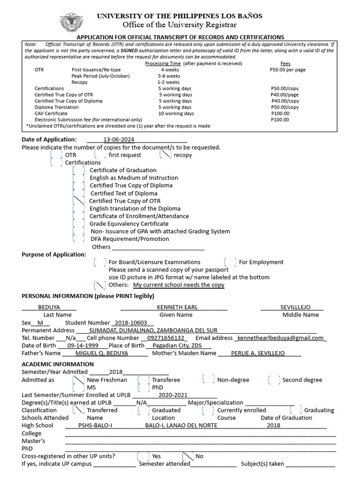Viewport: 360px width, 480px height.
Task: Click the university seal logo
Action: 72,21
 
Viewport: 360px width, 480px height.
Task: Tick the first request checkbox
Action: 100,154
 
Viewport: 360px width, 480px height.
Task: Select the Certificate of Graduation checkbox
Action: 79,170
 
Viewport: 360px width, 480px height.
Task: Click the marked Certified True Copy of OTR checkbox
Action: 79,201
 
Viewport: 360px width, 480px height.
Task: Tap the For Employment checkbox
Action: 230,262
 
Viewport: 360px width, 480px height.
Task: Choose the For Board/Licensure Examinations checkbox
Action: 100,262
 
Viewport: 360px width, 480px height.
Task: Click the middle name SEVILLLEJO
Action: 295,307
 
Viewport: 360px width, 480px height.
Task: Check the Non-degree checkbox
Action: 209,379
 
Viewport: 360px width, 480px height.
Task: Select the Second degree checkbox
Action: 274,379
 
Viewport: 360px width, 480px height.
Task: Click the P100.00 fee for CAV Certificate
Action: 280,113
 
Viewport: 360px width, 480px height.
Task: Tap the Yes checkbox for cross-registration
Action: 143,456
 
